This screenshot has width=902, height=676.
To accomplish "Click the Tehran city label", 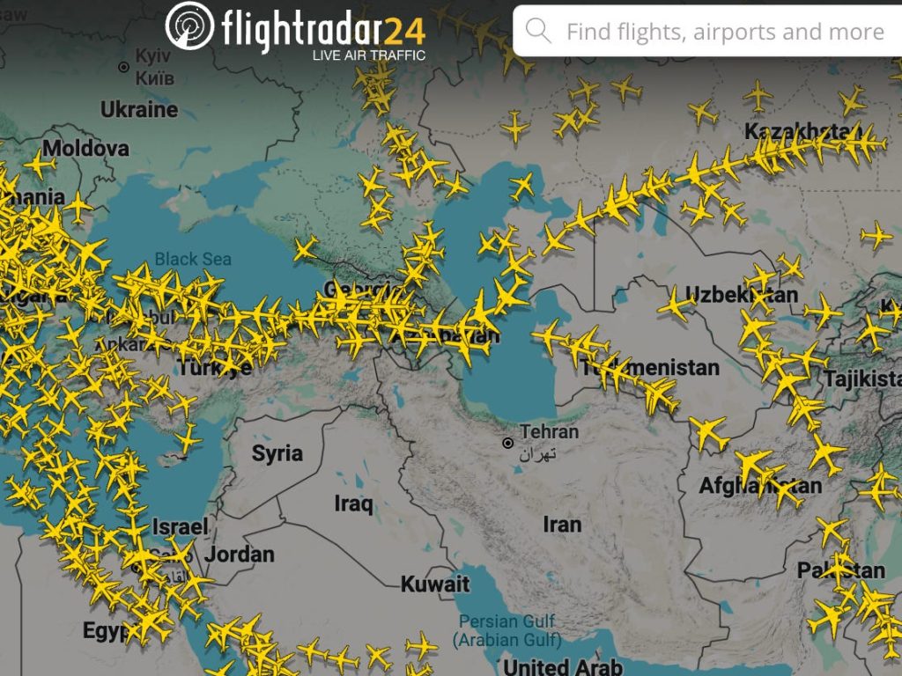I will (550, 432).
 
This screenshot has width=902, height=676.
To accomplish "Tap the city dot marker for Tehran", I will (508, 442).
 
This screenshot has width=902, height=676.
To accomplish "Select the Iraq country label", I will (353, 504).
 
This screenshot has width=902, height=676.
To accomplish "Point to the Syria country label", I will (277, 454).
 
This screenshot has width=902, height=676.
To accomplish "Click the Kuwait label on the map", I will (435, 584).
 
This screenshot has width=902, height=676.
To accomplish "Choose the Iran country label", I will (562, 525).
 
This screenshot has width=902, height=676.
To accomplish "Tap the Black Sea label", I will (193, 259).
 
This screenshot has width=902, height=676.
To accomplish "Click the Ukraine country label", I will (139, 110).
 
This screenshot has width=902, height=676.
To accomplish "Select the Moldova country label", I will (85, 148).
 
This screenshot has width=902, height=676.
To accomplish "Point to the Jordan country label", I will (240, 555).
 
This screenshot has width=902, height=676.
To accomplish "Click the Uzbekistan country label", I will (742, 294).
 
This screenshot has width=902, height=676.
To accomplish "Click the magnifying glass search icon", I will (538, 32).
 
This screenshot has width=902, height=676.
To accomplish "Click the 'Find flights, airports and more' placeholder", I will (725, 33).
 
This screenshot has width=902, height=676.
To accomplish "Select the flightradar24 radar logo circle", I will (189, 26).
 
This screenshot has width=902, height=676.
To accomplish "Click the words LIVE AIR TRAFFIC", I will (369, 55).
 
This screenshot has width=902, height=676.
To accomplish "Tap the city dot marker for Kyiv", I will (123, 67).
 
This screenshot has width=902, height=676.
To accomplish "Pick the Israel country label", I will (181, 526).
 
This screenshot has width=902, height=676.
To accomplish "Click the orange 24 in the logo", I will (404, 31).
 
